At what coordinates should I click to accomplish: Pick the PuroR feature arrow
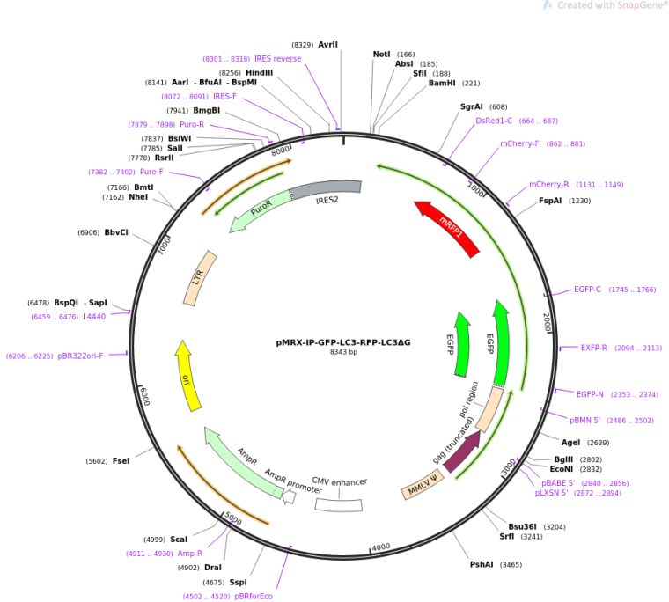[259, 211]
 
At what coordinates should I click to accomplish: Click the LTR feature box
[201, 278]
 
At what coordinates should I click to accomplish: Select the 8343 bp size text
[342, 352]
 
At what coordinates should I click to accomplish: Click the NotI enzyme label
[381, 55]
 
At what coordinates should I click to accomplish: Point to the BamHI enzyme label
[441, 84]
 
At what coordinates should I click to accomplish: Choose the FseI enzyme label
[121, 461]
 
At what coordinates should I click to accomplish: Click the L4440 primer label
[94, 317]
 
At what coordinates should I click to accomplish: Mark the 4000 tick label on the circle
[380, 547]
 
